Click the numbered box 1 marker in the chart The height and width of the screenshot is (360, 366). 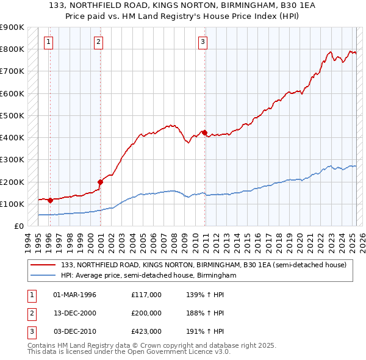point(48,42)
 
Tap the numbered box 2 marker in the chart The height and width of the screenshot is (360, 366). point(98,42)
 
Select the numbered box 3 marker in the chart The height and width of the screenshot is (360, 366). point(203,42)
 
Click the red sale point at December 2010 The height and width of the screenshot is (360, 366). point(205,132)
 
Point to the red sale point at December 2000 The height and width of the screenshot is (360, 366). point(101,181)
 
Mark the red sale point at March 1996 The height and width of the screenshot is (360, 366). point(50,200)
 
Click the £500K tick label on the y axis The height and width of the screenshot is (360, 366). point(12,115)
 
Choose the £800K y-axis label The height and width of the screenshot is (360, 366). point(12,49)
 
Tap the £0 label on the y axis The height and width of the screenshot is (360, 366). point(18,226)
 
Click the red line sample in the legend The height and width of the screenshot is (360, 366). point(43,265)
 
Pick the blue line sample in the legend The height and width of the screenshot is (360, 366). point(43,276)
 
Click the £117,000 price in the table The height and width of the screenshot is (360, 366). point(146,295)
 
